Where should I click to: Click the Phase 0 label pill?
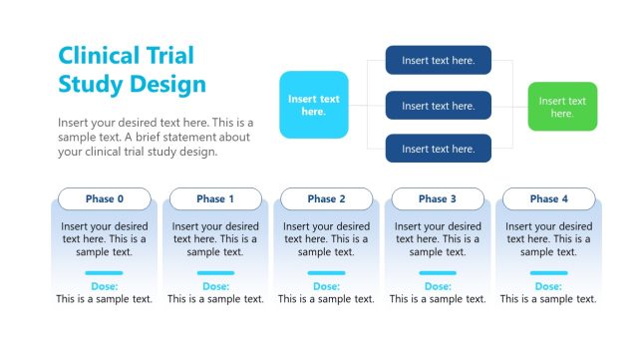(x=105, y=198)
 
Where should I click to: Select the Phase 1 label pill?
(x=215, y=198)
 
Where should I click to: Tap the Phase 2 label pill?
(x=327, y=198)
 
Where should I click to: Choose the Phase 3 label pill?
(x=438, y=198)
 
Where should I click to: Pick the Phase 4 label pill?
(x=549, y=198)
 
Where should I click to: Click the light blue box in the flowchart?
(x=314, y=105)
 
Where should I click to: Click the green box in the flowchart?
(x=562, y=107)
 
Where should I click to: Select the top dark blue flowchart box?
(x=439, y=61)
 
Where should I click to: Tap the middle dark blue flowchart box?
(x=439, y=106)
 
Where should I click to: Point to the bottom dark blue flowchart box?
(x=439, y=149)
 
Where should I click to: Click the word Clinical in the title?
(x=98, y=56)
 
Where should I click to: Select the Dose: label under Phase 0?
(x=105, y=286)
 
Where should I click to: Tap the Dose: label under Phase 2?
(x=327, y=286)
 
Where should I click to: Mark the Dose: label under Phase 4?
(x=549, y=286)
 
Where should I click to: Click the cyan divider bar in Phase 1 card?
(x=215, y=272)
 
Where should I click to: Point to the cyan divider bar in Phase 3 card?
(x=438, y=272)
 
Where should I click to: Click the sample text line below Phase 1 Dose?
(x=215, y=299)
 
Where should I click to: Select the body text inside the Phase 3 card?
(x=438, y=239)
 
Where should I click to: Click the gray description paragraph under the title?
(x=156, y=138)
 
